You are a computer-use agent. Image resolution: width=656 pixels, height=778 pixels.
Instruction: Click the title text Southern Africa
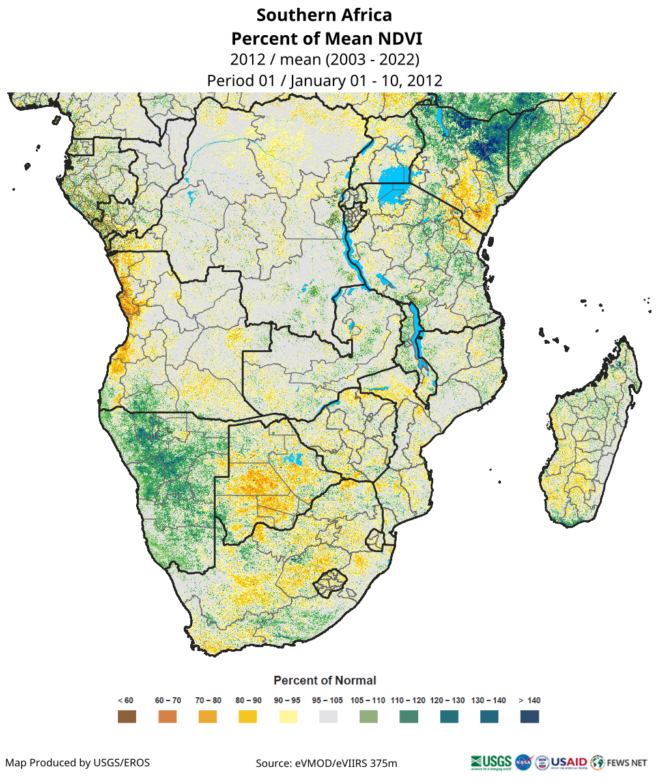tap(324, 14)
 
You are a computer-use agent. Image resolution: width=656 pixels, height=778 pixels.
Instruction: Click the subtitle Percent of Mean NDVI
tap(324, 38)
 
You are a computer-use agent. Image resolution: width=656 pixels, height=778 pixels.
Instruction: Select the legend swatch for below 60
tap(126, 717)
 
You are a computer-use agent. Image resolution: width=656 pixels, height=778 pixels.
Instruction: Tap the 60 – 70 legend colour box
tap(167, 717)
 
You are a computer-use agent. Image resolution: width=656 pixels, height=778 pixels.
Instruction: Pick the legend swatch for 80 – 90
tap(248, 717)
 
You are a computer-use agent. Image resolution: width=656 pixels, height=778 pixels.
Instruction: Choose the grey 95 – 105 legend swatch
tap(328, 717)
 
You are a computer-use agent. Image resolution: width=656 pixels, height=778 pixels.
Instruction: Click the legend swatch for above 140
tap(530, 717)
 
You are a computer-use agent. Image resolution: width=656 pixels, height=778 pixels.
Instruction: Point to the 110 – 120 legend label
tap(408, 701)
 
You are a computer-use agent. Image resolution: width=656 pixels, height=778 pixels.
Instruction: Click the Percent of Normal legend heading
tap(324, 680)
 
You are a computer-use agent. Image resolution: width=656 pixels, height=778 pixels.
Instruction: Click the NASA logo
tap(523, 761)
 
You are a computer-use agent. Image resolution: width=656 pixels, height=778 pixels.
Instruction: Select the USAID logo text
tap(569, 761)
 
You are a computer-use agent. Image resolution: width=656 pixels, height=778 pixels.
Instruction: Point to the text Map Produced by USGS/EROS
tap(78, 762)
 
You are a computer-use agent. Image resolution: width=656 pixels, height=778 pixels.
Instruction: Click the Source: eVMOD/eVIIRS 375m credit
tap(326, 762)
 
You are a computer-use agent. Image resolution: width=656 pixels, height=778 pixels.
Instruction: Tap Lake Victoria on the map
tap(393, 176)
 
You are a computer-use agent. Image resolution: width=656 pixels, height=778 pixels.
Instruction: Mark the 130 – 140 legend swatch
tap(489, 717)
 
